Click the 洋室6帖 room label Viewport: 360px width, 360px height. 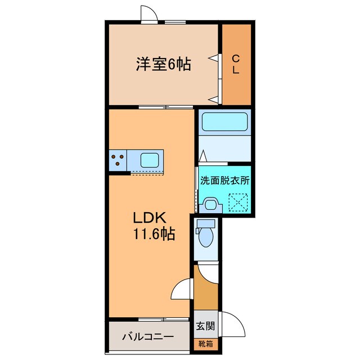tap(163, 65)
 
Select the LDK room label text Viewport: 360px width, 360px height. tap(148, 218)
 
